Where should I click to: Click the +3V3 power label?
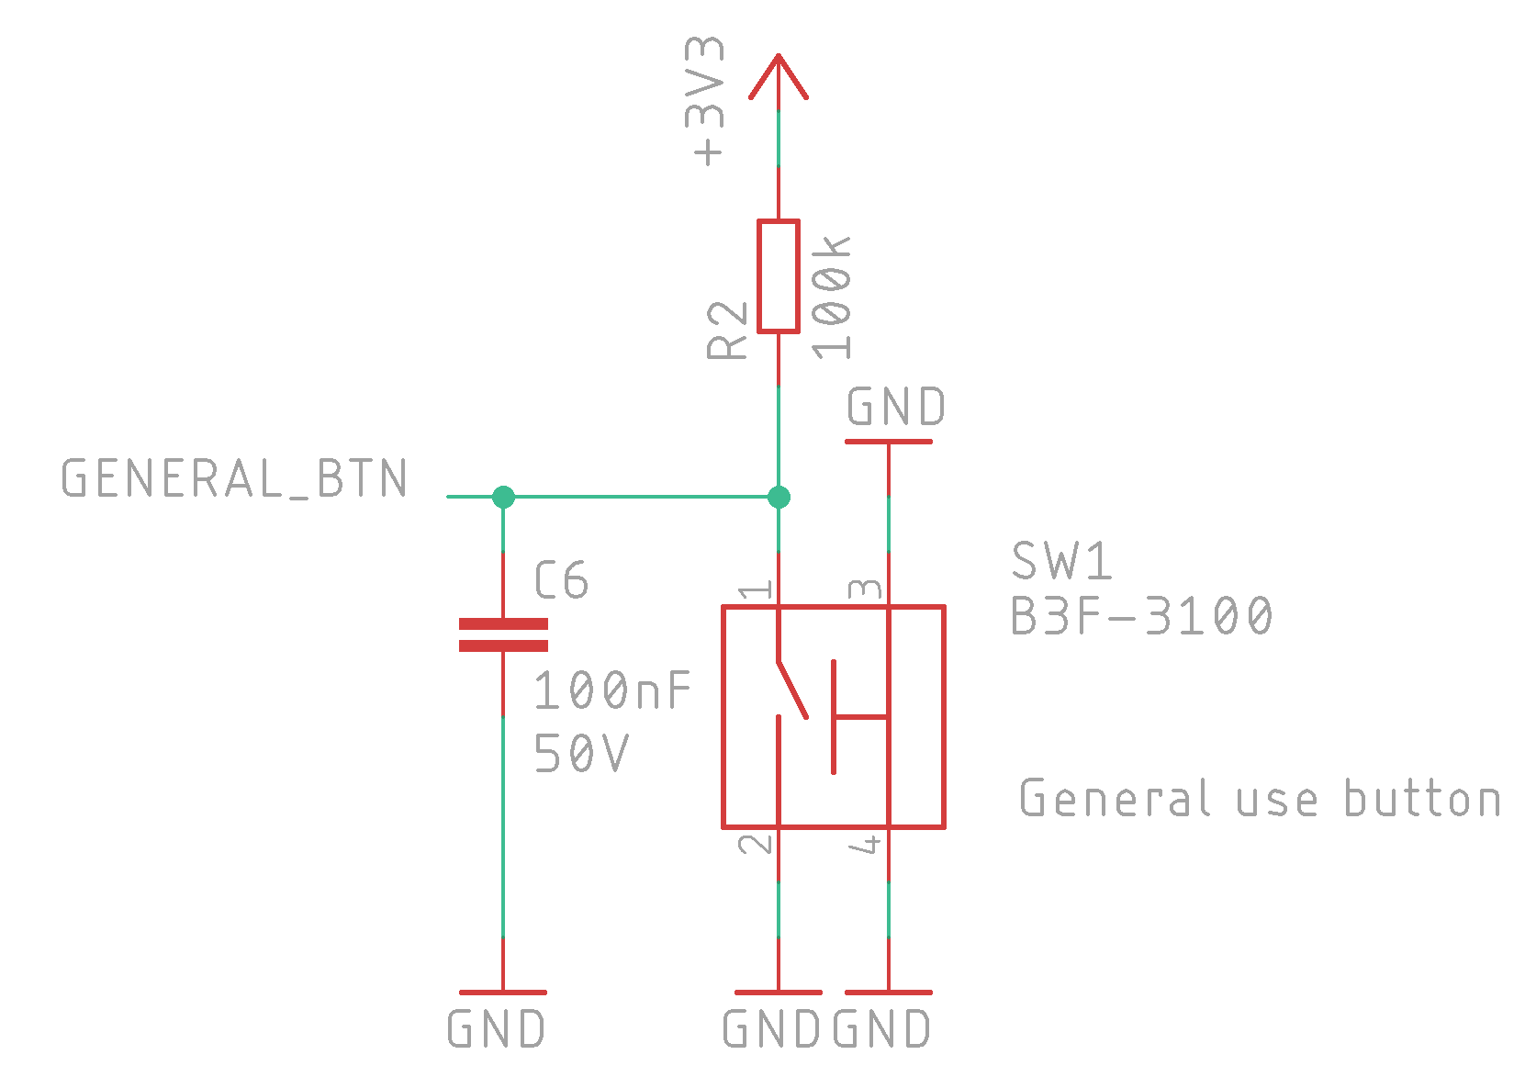pyautogui.click(x=704, y=101)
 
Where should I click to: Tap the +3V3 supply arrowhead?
pyautogui.click(x=779, y=76)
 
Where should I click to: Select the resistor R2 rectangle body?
pyautogui.click(x=779, y=276)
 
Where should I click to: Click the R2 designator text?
pyautogui.click(x=726, y=331)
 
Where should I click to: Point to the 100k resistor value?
pyautogui.click(x=831, y=297)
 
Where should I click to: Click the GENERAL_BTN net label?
pyautogui.click(x=234, y=478)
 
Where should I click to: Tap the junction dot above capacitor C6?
pyautogui.click(x=503, y=497)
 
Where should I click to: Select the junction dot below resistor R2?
pyautogui.click(x=779, y=497)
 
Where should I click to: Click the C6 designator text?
pyautogui.click(x=561, y=580)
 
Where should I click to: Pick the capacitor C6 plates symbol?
pyautogui.click(x=503, y=634)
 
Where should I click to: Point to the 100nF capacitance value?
pyautogui.click(x=612, y=690)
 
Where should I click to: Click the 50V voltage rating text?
pyautogui.click(x=581, y=753)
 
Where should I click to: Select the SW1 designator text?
pyautogui.click(x=1061, y=560)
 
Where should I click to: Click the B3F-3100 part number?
pyautogui.click(x=1141, y=615)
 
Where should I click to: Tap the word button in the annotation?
pyautogui.click(x=1423, y=797)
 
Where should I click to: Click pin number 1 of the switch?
pyautogui.click(x=756, y=589)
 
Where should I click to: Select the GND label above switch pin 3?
pyautogui.click(x=896, y=407)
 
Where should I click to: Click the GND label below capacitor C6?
pyautogui.click(x=497, y=1028)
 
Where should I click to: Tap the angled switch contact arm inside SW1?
pyautogui.click(x=792, y=689)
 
